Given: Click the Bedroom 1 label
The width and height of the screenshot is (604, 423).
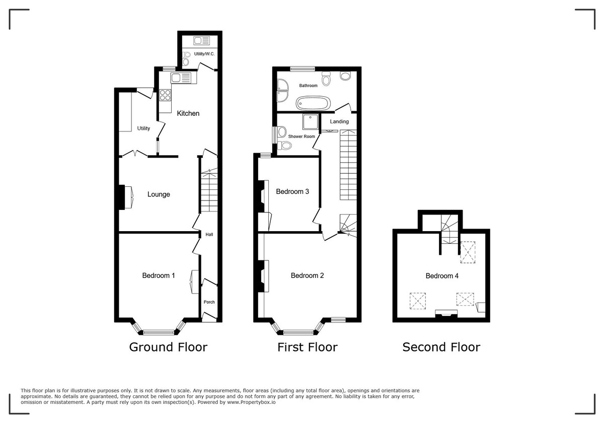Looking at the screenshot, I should (x=159, y=275).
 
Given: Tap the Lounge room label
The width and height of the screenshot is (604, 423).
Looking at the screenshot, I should (x=159, y=194).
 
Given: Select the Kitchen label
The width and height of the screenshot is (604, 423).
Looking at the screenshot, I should (x=188, y=113).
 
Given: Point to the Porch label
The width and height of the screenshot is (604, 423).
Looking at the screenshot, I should (x=209, y=302).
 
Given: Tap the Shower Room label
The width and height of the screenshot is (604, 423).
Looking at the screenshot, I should (x=301, y=136).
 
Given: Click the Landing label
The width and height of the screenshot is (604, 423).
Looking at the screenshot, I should (x=339, y=121).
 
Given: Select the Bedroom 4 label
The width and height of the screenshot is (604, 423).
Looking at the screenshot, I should (x=442, y=275).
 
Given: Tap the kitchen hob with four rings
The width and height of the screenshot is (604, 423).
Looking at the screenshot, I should (x=166, y=95).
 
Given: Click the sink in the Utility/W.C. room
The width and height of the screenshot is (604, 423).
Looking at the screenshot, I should (x=205, y=40).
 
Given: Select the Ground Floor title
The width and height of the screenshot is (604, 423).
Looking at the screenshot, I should (x=168, y=347).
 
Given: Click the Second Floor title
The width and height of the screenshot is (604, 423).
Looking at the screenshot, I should (x=441, y=347).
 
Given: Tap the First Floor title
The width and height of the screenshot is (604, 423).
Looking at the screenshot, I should (x=307, y=347).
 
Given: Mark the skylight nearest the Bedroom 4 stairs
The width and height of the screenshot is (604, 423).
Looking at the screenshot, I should (x=468, y=252).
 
